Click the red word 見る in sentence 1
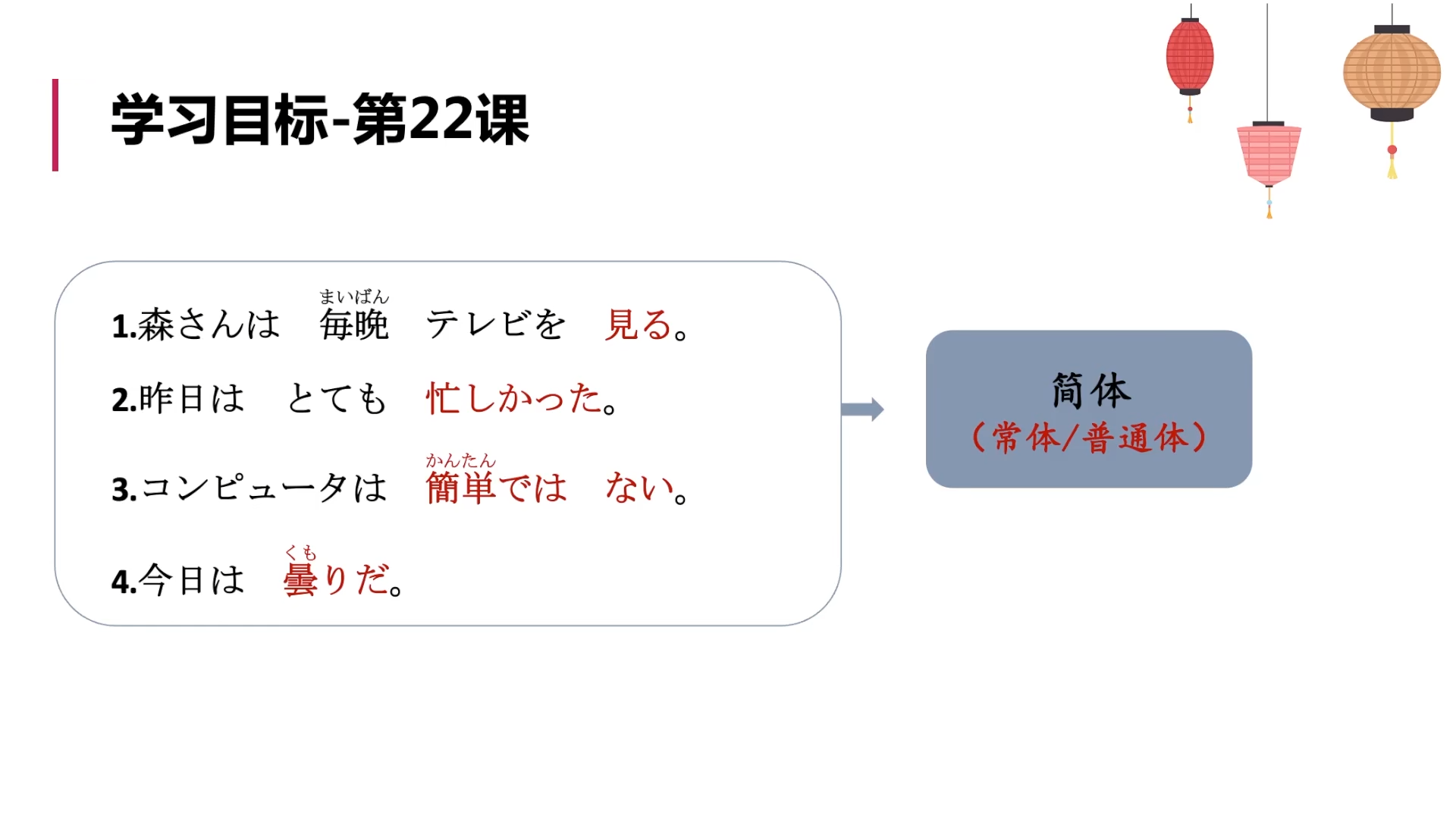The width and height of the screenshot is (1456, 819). (639, 325)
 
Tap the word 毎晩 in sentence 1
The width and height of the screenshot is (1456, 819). (354, 325)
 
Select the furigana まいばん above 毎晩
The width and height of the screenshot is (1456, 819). (354, 297)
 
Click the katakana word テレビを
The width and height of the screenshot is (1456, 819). (496, 325)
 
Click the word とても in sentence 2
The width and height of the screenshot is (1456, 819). (337, 399)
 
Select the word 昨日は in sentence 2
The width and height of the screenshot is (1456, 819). (190, 399)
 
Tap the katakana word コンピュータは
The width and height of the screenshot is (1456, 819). (263, 488)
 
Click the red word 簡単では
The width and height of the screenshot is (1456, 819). (497, 488)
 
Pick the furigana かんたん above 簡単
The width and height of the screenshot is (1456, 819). (460, 460)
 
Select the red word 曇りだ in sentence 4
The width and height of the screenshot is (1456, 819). (336, 580)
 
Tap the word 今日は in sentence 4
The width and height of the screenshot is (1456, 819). (192, 580)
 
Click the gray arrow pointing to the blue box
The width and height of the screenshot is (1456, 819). (863, 409)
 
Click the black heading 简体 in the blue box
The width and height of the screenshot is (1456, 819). (1090, 391)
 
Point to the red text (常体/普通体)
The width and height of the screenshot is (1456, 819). (1090, 438)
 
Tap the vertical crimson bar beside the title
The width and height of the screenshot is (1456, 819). (55, 125)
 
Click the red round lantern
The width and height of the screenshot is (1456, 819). (1189, 57)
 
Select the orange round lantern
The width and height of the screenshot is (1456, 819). (1392, 74)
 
